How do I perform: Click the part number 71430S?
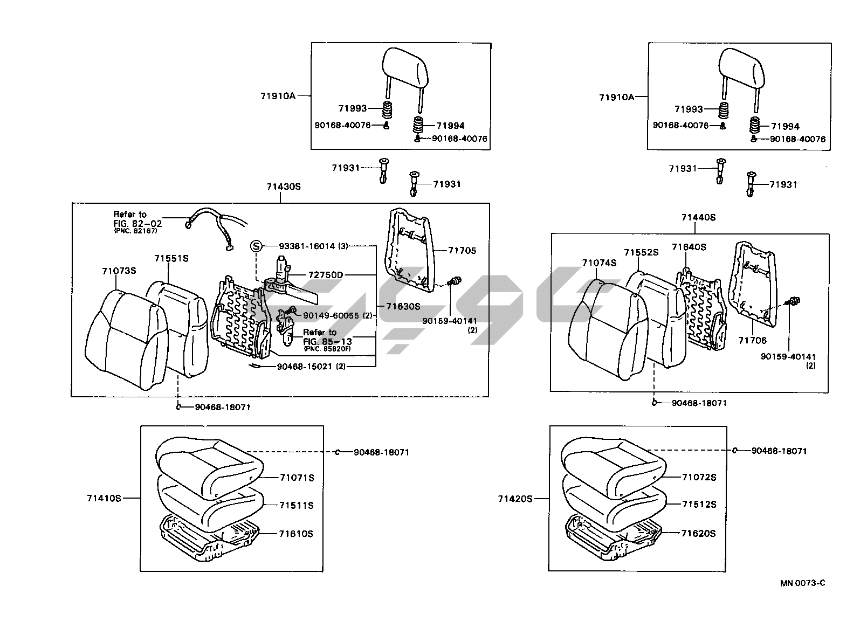[283, 187]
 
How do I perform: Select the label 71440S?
[698, 217]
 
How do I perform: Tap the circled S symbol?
[256, 246]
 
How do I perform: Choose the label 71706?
[752, 340]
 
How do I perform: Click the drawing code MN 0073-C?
[802, 583]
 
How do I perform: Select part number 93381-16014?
[307, 246]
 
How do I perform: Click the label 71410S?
[104, 498]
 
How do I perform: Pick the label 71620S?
[698, 533]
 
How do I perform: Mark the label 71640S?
[689, 247]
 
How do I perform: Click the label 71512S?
[699, 505]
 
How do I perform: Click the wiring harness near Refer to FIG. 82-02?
[216, 226]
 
